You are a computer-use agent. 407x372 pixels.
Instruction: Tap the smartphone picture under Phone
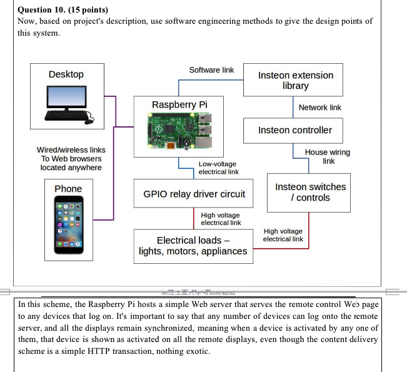pyautogui.click(x=68, y=226)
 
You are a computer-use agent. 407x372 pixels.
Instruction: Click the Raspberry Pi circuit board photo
pyautogui.click(x=179, y=131)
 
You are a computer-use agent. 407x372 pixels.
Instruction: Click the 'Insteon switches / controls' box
pyautogui.click(x=310, y=192)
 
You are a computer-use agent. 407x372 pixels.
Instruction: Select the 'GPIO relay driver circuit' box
pyautogui.click(x=194, y=194)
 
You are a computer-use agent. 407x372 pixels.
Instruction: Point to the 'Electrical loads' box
pyautogui.click(x=193, y=246)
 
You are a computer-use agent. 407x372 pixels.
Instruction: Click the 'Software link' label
pyautogui.click(x=211, y=70)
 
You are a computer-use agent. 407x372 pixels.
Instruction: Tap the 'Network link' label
pyautogui.click(x=319, y=108)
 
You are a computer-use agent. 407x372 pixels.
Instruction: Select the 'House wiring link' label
pyautogui.click(x=327, y=156)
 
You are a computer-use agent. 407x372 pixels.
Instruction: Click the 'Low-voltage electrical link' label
pyautogui.click(x=218, y=168)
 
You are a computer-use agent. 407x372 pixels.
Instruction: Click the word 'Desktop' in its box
pyautogui.click(x=66, y=74)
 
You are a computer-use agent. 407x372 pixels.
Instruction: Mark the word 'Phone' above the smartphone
pyautogui.click(x=68, y=189)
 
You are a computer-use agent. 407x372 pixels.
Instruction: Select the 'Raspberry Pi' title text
pyautogui.click(x=179, y=104)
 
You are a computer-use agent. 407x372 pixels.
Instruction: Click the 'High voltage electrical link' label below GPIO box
pyautogui.click(x=221, y=219)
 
